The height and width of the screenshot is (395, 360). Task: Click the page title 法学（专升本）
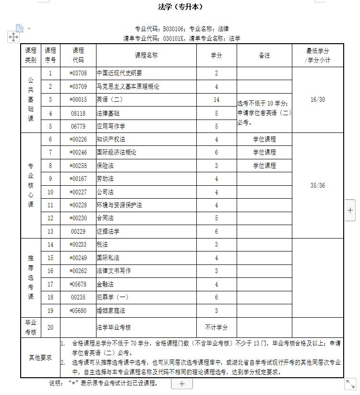[x=180, y=7]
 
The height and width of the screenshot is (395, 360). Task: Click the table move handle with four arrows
[x=13, y=37]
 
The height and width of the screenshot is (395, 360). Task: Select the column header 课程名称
[x=146, y=55]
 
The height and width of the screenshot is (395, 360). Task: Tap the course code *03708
[x=78, y=73]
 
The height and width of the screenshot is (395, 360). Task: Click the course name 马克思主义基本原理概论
[x=128, y=86]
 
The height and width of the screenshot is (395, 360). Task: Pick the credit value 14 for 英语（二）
[x=216, y=100]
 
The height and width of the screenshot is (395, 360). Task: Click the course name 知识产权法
[x=111, y=139]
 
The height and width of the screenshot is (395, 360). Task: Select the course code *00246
[x=78, y=152]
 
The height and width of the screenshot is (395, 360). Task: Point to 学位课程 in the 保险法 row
[x=264, y=166]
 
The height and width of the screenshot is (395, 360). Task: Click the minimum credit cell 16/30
[x=318, y=100]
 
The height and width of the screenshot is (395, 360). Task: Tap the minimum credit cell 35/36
[x=318, y=185]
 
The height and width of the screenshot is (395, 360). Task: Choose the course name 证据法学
[x=108, y=231]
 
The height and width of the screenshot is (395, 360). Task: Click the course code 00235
[x=78, y=297]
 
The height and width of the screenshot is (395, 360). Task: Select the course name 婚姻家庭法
[x=111, y=311]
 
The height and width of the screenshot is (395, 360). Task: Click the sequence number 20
[x=50, y=327]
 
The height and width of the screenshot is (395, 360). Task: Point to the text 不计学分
[x=216, y=327]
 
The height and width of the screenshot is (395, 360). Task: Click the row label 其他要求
[x=40, y=358]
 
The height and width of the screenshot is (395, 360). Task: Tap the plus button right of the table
[x=350, y=210]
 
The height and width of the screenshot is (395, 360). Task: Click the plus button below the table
[x=182, y=383]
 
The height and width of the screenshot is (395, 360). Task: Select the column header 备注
[x=264, y=55]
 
